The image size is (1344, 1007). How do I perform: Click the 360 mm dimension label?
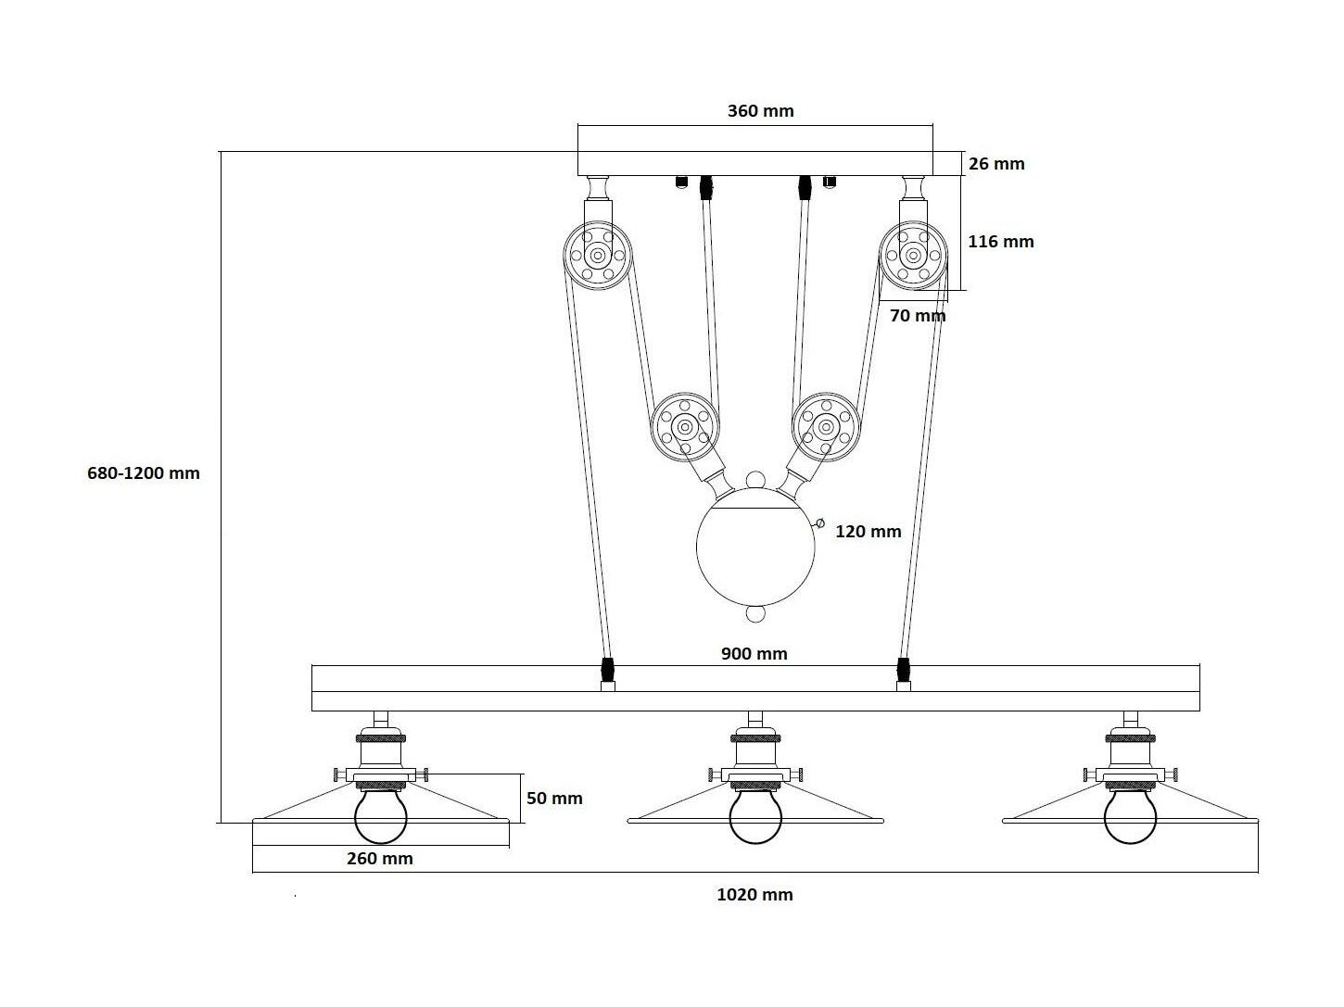760,111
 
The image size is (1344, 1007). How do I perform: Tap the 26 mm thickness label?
996,163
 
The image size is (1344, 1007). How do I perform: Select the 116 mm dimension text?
1000,241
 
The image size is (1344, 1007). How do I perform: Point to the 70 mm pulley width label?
918,315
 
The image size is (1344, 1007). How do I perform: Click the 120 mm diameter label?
869,531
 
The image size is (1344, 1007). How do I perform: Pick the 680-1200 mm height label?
144,472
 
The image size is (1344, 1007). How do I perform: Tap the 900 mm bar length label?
754,653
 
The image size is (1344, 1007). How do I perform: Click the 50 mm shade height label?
554,798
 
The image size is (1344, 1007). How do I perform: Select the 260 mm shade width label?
380,859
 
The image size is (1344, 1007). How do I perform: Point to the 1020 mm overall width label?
754,894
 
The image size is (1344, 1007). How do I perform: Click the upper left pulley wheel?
597,255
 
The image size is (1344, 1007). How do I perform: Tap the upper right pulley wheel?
913,255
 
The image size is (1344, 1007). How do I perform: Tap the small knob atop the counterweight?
755,480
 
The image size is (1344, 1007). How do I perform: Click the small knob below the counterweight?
755,613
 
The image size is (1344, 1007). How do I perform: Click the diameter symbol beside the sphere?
820,523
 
